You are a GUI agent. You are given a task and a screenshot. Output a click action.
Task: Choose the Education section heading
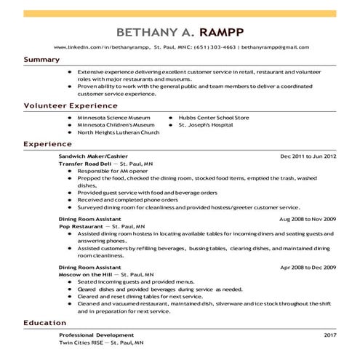[x=45, y=322]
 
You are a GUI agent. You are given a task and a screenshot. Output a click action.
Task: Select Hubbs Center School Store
[x=214, y=117]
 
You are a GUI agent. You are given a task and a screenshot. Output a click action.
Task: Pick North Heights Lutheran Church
[x=118, y=133]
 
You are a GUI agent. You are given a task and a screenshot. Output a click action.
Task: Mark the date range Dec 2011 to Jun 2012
[x=308, y=156]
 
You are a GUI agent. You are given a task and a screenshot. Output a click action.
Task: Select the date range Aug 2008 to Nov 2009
[x=307, y=218]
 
